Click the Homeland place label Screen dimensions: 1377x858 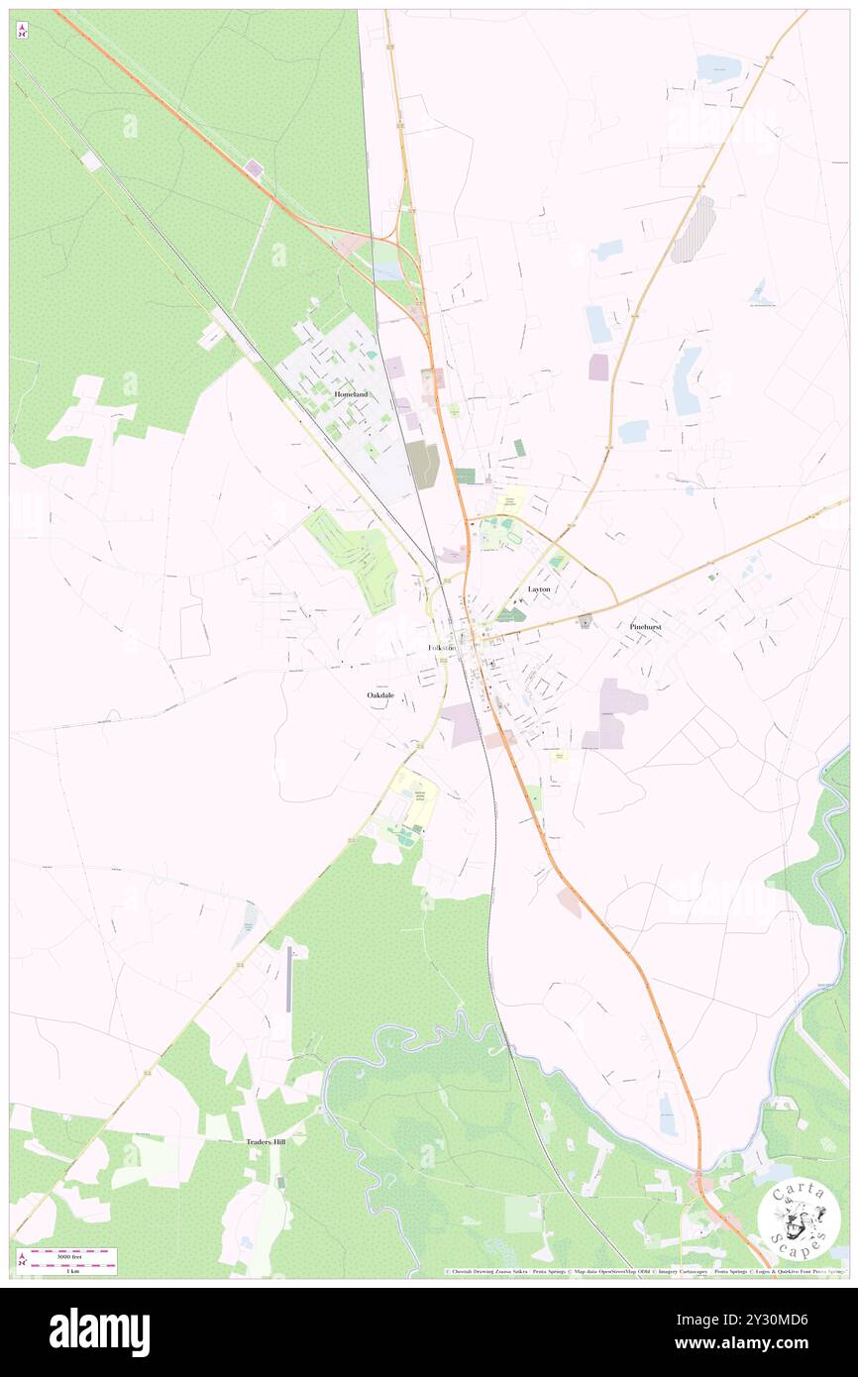click(351, 394)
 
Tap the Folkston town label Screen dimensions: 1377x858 click(442, 648)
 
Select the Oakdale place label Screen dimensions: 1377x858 click(380, 695)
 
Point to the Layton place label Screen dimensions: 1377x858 click(539, 588)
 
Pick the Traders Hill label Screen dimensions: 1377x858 click(266, 1141)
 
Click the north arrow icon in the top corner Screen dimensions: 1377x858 click(22, 31)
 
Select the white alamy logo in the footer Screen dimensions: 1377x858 click(99, 1331)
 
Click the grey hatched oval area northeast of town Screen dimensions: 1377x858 click(694, 229)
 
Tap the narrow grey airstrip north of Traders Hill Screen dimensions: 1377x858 click(288, 979)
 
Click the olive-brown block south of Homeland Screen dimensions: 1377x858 click(422, 464)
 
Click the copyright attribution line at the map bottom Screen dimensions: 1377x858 click(644, 1271)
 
